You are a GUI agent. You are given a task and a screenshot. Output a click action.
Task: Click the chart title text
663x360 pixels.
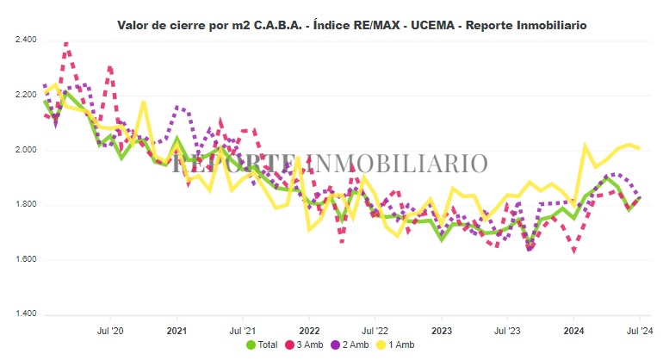pos(351,24)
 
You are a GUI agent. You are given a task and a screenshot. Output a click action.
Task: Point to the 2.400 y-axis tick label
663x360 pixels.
pos(26,40)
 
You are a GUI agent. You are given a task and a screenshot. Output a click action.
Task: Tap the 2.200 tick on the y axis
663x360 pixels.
pos(26,96)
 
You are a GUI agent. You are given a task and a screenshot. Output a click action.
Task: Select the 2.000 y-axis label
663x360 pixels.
pos(26,150)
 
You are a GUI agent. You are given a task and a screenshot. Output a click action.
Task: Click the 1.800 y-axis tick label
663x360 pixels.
pos(26,205)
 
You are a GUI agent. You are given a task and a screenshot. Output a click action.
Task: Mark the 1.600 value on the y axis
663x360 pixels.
pos(26,259)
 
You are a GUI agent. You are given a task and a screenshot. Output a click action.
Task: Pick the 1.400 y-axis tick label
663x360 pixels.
pos(26,314)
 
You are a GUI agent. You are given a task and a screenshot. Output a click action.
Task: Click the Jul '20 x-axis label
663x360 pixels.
pos(111,329)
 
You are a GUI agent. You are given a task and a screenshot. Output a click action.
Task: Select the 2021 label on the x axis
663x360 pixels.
pos(177,329)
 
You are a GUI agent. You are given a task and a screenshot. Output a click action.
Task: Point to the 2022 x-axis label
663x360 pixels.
pos(309,329)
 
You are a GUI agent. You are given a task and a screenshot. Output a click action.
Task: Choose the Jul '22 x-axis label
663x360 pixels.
pos(376,329)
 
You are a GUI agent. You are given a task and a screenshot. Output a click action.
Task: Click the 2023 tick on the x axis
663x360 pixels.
pos(442,329)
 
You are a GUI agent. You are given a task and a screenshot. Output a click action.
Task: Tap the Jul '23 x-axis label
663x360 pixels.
pos(508,329)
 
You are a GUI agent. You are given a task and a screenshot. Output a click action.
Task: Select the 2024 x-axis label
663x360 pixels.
pos(574,329)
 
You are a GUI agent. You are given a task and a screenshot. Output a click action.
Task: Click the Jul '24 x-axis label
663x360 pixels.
pos(639,329)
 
